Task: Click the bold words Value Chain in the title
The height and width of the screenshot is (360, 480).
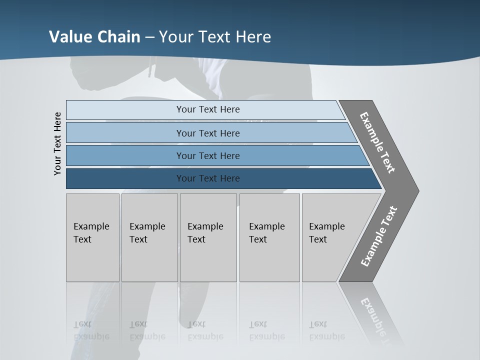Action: coord(94,37)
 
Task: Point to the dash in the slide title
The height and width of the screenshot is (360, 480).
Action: coord(149,37)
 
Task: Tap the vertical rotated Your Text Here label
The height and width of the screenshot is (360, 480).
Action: coord(58,143)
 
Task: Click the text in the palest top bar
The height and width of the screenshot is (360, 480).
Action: coord(208,109)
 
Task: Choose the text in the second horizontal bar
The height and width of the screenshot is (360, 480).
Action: coord(208,133)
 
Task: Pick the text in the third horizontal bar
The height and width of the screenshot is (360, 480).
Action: coord(208,155)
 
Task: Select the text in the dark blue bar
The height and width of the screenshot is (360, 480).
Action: coord(208,178)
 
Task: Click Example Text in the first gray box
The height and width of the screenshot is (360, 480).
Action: coord(91,233)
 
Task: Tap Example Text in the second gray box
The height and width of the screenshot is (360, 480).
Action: coord(147,233)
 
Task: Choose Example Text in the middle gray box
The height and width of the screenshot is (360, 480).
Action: coord(205,233)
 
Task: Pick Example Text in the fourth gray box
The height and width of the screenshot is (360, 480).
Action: coord(266,233)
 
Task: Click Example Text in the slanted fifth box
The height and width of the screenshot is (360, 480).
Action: coord(326,233)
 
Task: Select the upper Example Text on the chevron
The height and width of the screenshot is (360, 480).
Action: coord(377,142)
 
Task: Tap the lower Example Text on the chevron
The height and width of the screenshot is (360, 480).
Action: coord(378,236)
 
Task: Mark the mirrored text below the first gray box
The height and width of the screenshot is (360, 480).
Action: coord(91,330)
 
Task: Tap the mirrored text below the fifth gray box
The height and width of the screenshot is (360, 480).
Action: coord(326,330)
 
